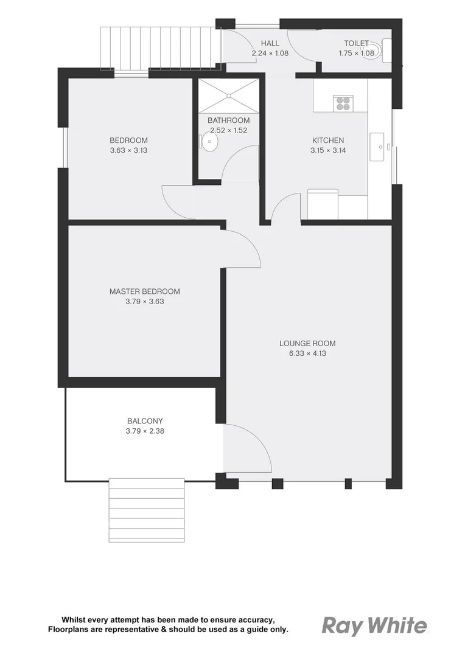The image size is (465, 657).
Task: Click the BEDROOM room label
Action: pos(128,141)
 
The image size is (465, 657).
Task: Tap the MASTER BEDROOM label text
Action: pos(145,291)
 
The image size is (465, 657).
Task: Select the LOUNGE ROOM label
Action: pos(307,344)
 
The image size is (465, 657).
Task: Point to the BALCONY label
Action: pos(145,421)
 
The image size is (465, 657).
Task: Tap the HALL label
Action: pos(270,43)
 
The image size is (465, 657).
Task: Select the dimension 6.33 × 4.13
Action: pos(307,353)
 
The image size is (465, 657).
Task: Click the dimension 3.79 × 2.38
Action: pos(145,431)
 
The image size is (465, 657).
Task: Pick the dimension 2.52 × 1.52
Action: pos(228,130)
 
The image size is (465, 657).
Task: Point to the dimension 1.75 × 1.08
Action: pos(356,54)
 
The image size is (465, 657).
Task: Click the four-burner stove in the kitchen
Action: pos(343,103)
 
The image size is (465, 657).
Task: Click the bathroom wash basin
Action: pos(209,143)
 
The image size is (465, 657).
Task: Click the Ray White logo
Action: pos(374,626)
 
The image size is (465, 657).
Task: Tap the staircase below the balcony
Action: pos(146,510)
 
